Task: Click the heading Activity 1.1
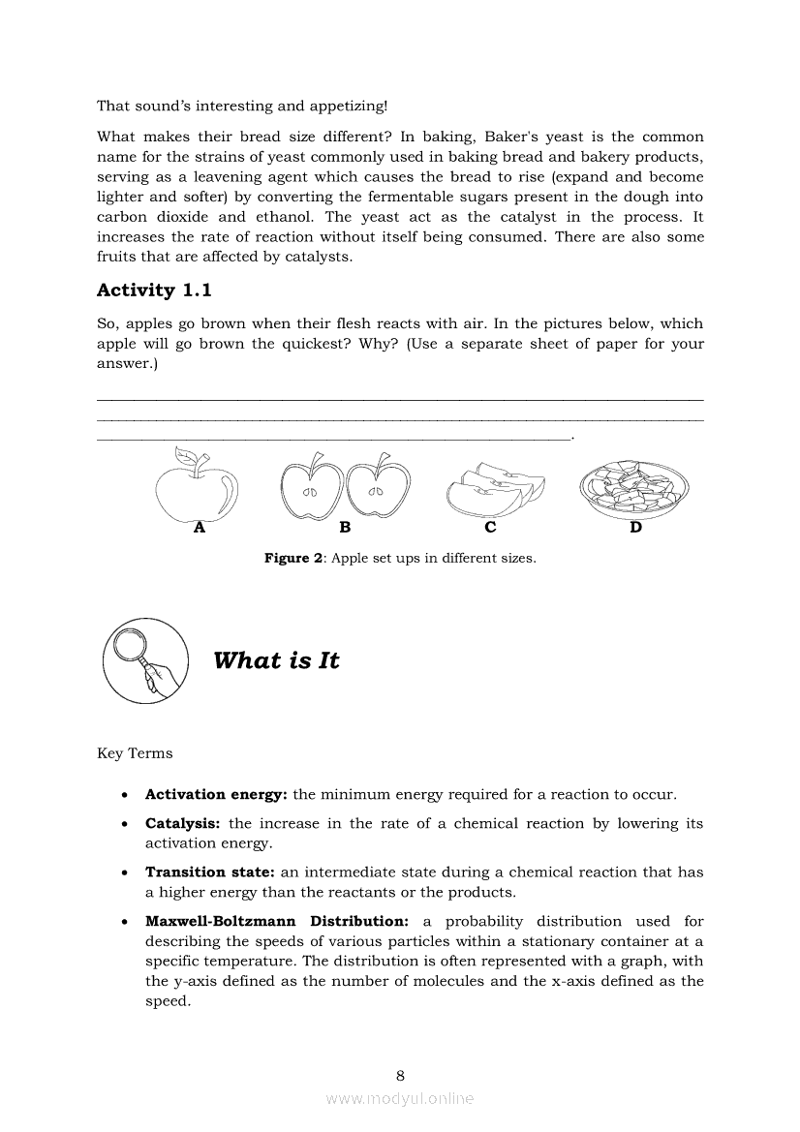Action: (x=154, y=290)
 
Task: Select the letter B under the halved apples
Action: (x=345, y=528)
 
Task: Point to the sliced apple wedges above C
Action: (x=494, y=489)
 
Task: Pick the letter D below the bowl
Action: (x=635, y=528)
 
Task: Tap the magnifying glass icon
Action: (x=143, y=660)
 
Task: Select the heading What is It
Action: (x=276, y=660)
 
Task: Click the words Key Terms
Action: (x=135, y=753)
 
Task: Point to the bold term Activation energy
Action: (x=216, y=795)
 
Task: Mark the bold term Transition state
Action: (x=210, y=872)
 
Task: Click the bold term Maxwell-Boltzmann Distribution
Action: (x=276, y=922)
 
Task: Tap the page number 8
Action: (x=400, y=1075)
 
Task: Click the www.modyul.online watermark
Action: (x=400, y=1098)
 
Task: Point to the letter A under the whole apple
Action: (x=200, y=528)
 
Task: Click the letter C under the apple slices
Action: (x=490, y=528)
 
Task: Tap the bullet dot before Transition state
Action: (x=124, y=873)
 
